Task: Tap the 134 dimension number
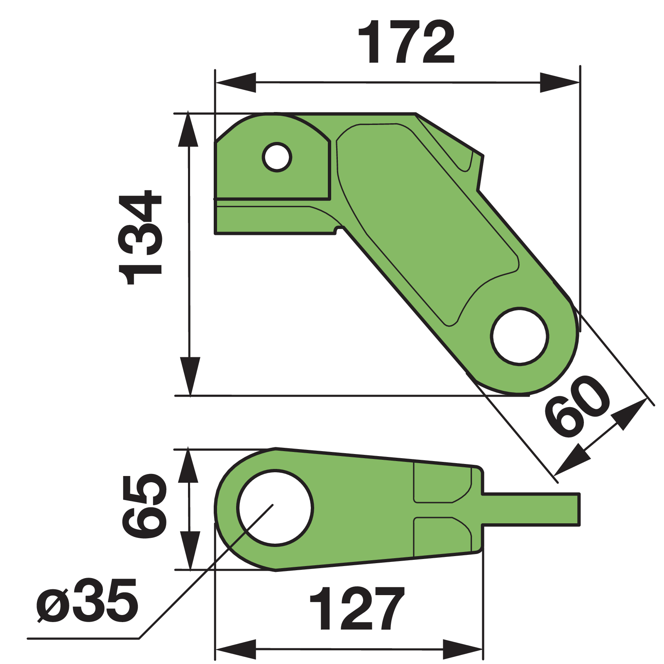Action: pos(140,237)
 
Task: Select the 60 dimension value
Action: pos(577,406)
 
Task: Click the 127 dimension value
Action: pos(357,609)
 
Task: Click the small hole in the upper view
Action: pos(277,157)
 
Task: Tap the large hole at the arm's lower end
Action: pos(520,336)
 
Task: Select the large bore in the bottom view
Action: pos(275,508)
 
